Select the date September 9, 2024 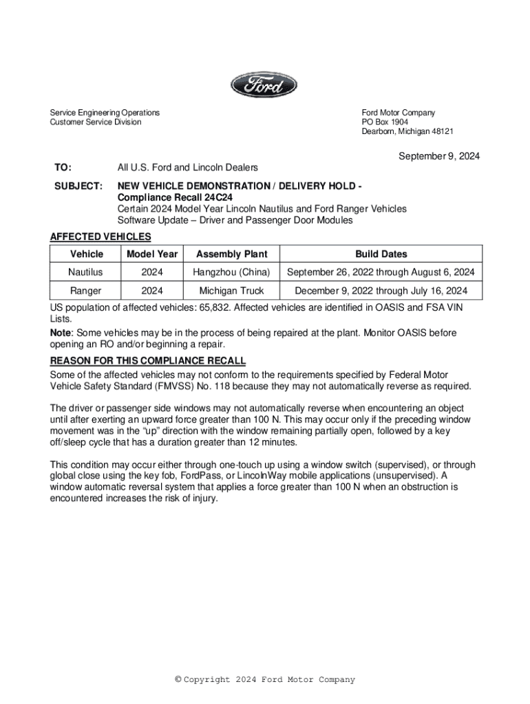[x=439, y=156]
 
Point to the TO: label [x=63, y=168]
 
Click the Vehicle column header [x=87, y=254]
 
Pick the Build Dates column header [x=381, y=254]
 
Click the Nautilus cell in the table [x=85, y=272]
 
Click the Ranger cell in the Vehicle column [x=85, y=291]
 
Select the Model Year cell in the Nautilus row [x=152, y=272]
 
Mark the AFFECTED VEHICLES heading [x=100, y=237]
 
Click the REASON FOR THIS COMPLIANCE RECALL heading [x=148, y=361]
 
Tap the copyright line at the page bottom [x=265, y=680]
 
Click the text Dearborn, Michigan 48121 [x=407, y=131]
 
